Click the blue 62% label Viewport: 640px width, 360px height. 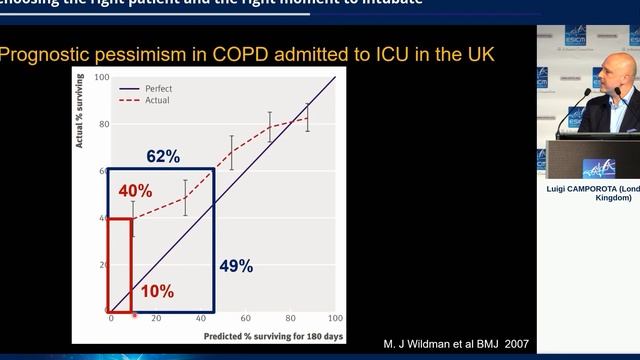(x=162, y=157)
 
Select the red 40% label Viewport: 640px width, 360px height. (x=135, y=191)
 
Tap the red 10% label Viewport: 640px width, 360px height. (x=157, y=291)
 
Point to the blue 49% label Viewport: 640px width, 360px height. (x=236, y=266)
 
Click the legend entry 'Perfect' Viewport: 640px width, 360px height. (x=158, y=88)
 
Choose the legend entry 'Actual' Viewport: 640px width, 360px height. (x=156, y=100)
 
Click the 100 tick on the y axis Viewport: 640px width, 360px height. (x=102, y=77)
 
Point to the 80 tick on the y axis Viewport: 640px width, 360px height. (x=102, y=124)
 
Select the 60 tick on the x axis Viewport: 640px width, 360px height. (x=246, y=318)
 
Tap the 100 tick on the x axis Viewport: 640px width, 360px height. (x=335, y=318)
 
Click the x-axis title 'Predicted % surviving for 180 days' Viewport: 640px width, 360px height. (x=273, y=336)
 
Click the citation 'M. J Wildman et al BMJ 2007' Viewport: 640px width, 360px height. (x=456, y=343)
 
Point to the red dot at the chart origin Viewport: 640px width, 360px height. (x=108, y=311)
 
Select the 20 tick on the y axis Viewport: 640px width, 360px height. (x=102, y=265)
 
